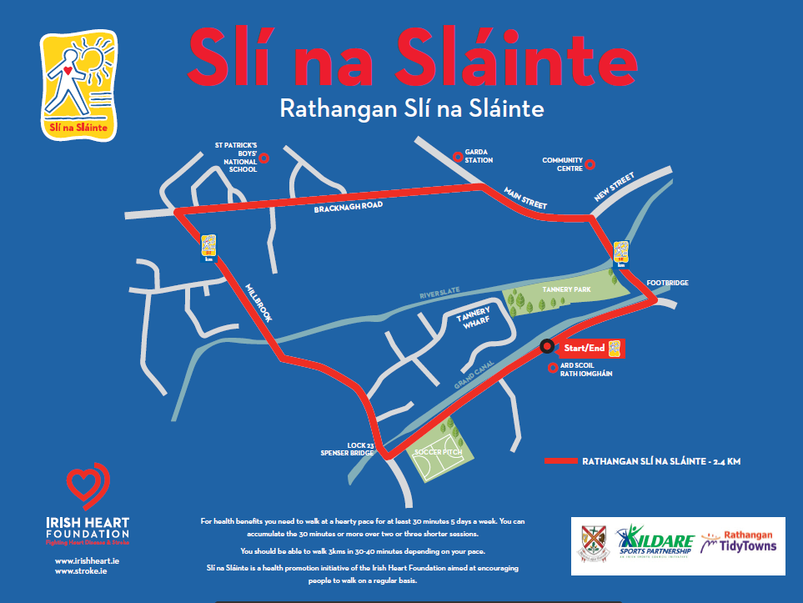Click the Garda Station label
(x=479, y=156)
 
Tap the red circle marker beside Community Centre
(x=590, y=164)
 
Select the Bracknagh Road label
(x=348, y=207)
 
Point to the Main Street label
(x=524, y=198)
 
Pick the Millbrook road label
(x=259, y=304)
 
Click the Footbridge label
(x=668, y=284)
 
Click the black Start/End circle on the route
(x=547, y=346)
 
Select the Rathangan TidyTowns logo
(x=738, y=542)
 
